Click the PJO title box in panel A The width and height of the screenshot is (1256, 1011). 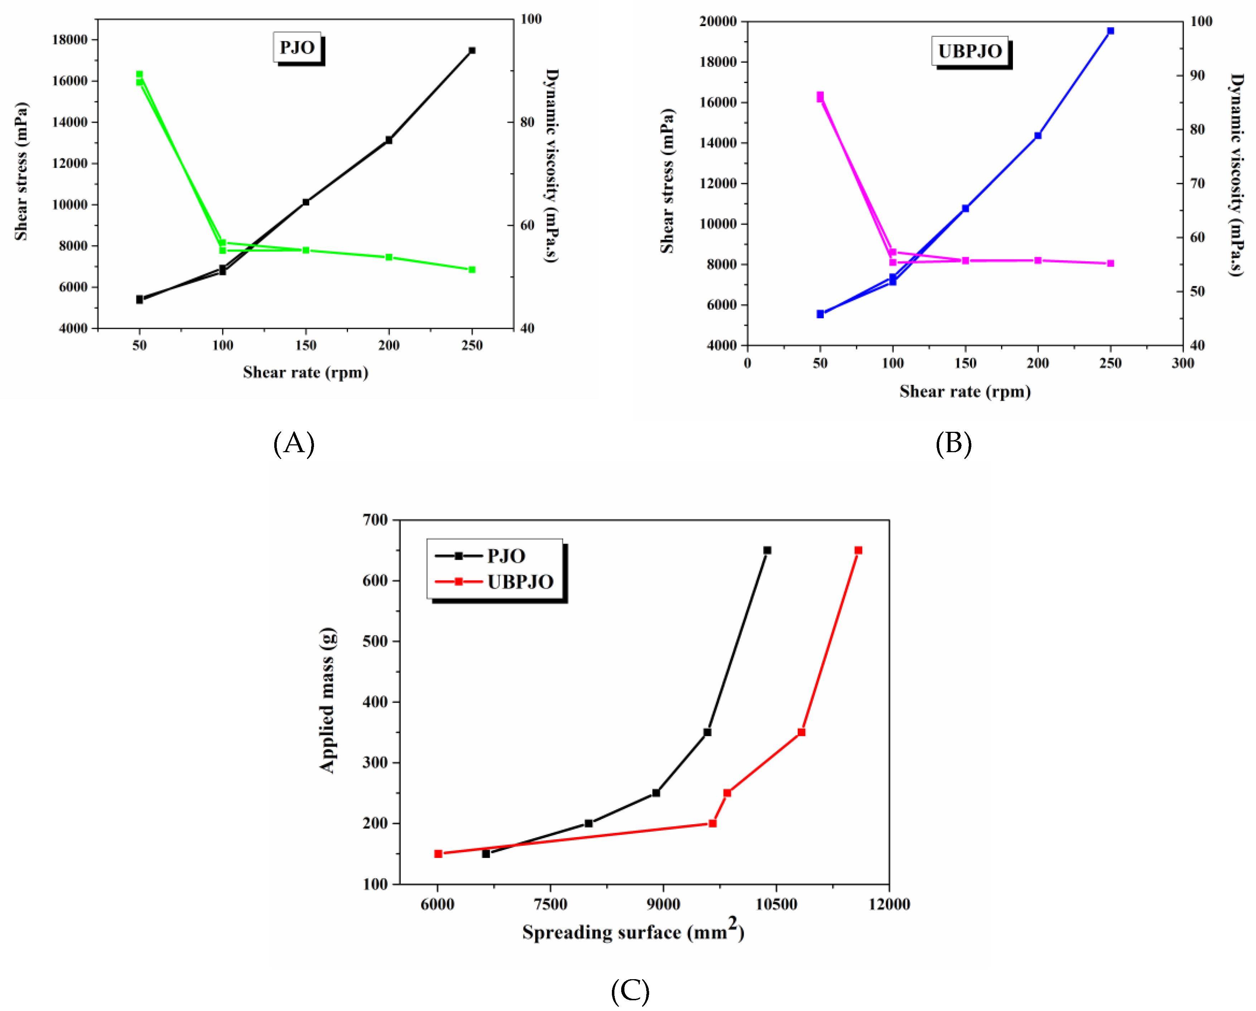[x=297, y=48]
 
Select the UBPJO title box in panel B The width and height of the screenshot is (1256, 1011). [x=970, y=51]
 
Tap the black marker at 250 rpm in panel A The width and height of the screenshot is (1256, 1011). [x=472, y=51]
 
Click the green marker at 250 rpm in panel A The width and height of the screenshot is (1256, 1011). [x=472, y=270]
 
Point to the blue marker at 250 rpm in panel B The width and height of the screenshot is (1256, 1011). [x=1110, y=31]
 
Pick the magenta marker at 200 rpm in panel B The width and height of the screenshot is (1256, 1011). [x=1038, y=260]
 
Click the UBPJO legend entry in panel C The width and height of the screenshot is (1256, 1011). [x=520, y=582]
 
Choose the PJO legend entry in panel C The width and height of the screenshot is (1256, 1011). [x=506, y=556]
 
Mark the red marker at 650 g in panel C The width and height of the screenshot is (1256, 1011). [x=858, y=550]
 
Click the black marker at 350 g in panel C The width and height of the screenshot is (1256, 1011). [x=707, y=732]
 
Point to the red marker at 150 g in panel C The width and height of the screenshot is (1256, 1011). [x=438, y=854]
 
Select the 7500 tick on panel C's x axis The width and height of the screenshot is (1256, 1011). [x=550, y=904]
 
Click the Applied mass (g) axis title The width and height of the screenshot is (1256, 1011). [x=328, y=700]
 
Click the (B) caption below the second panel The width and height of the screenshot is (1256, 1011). [x=953, y=443]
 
